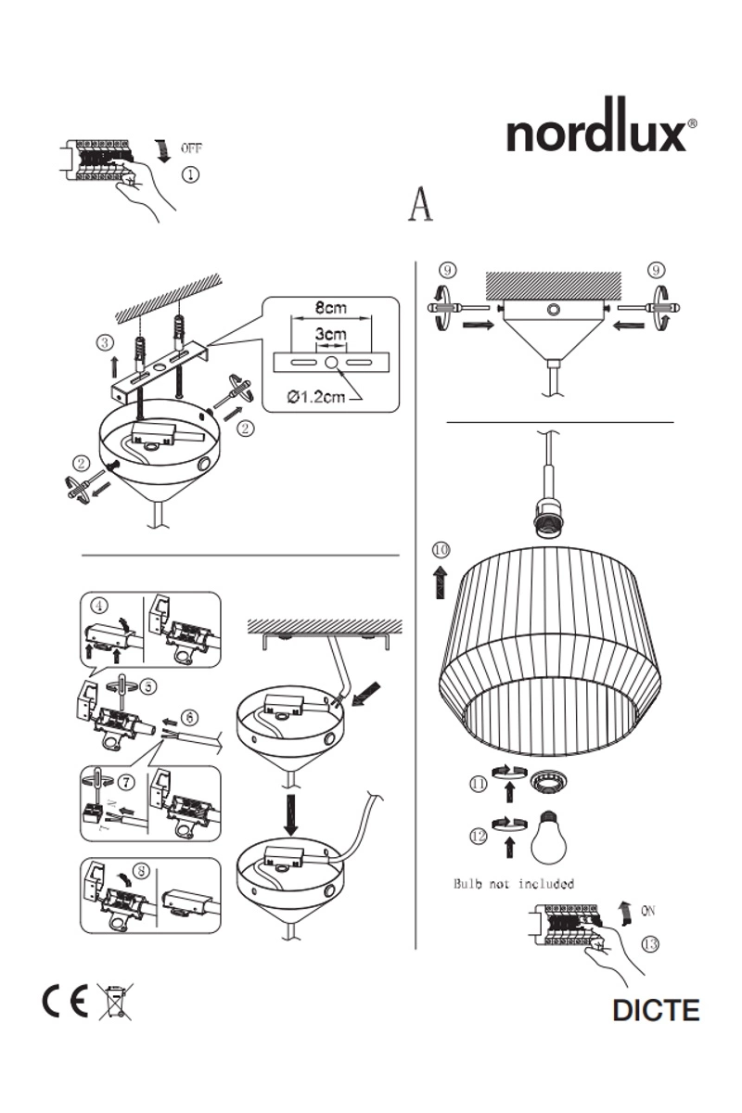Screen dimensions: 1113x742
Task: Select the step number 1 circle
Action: [189, 173]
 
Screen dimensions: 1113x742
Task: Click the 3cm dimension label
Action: [330, 334]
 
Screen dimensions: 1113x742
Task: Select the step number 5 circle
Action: [149, 685]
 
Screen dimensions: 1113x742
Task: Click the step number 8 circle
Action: [140, 871]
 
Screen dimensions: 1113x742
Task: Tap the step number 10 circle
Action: [441, 550]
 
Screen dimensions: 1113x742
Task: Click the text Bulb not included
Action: [514, 883]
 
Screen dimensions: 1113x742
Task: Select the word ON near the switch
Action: [648, 911]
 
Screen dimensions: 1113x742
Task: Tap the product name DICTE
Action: [655, 1009]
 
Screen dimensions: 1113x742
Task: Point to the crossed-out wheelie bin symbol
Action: [115, 1003]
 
